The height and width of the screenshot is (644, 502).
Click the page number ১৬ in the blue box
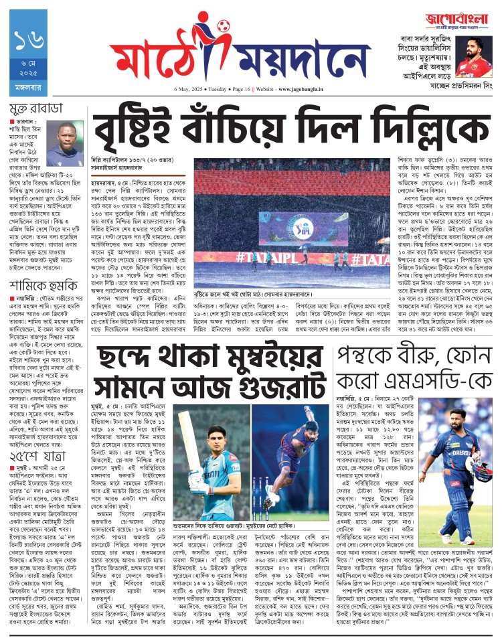[x=29, y=42]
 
